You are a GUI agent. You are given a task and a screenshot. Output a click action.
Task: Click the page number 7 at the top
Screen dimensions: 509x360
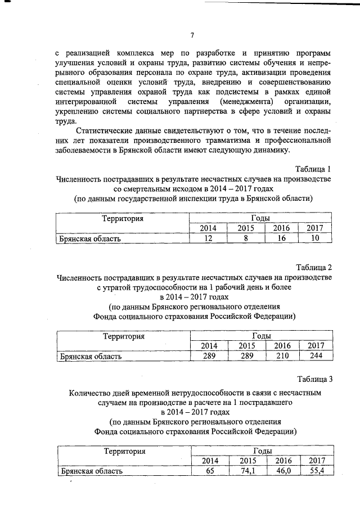192,35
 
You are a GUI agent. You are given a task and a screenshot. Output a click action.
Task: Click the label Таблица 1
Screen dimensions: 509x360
314,168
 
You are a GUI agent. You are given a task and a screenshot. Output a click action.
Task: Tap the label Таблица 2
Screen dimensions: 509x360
314,266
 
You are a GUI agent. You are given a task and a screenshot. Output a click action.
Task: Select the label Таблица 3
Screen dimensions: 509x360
314,379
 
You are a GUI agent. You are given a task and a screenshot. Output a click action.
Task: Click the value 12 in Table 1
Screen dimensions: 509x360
208,238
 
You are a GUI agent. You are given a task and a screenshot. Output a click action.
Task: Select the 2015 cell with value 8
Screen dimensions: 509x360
246,238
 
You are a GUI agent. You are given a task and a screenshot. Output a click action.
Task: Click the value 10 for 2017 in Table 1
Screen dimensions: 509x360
316,238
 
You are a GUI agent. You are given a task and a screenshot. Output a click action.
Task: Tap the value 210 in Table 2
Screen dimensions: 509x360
282,355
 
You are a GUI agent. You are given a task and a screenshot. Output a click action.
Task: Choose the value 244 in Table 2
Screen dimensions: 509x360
316,355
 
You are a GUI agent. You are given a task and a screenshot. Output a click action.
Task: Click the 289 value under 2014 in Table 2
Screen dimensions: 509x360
209,355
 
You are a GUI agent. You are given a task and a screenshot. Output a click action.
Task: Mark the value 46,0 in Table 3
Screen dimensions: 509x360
282,471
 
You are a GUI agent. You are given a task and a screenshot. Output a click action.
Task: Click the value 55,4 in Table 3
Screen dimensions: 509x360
316,471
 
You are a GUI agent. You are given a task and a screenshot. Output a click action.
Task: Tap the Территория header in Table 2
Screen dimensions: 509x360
123,336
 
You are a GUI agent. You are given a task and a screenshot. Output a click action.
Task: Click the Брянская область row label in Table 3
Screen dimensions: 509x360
91,471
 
